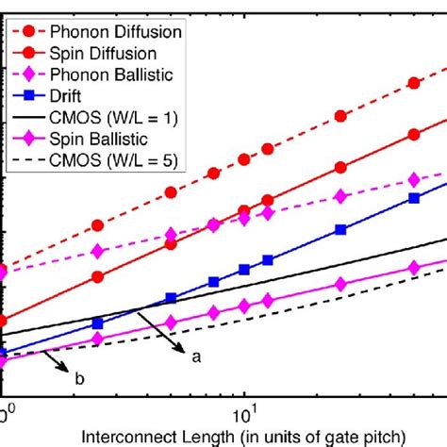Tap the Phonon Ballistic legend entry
click(x=126, y=73)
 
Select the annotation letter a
click(x=197, y=356)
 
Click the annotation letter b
click(x=79, y=379)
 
